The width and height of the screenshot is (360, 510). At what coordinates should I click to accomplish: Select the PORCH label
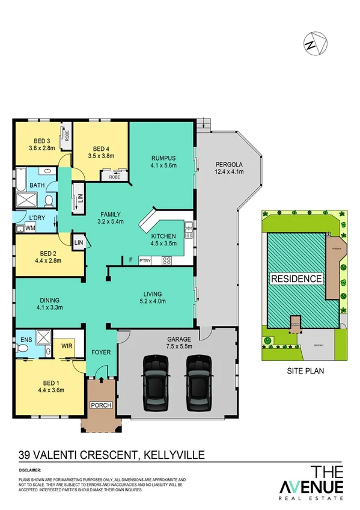pos(101,405)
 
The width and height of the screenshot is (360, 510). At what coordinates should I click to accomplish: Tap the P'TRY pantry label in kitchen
pos(145,260)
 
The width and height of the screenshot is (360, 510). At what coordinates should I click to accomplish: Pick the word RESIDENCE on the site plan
pos(296,279)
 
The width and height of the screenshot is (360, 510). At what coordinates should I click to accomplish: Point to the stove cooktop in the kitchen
pos(167,260)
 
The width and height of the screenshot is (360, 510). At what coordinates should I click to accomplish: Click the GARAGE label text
pos(177,338)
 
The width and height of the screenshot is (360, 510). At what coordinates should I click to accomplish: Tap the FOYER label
pos(100,352)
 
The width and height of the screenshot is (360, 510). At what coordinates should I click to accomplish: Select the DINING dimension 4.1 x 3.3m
pos(49,307)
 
